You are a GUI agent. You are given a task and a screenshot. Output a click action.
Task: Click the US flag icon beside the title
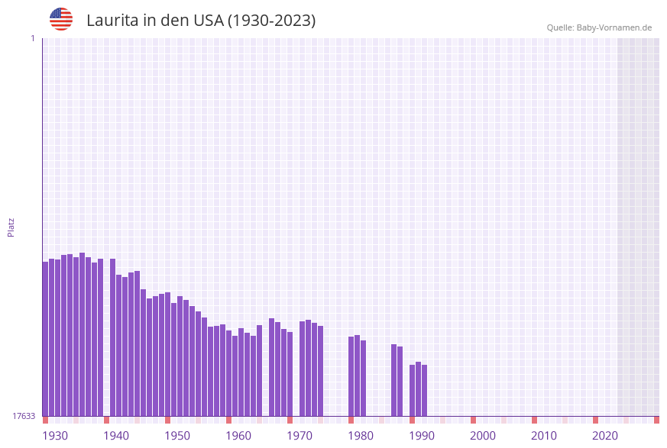point(61,19)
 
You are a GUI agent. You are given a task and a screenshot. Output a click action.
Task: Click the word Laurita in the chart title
point(112,21)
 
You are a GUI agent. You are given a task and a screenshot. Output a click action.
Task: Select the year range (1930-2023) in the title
point(272,21)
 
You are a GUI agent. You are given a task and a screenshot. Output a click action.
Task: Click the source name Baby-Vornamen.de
point(614,27)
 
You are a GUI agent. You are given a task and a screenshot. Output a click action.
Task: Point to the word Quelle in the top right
point(559,27)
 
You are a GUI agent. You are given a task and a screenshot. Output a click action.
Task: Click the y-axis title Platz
point(11,227)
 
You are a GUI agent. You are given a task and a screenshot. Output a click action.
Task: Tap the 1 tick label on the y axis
point(33,39)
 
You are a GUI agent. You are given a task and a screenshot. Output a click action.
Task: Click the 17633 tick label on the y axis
point(24,416)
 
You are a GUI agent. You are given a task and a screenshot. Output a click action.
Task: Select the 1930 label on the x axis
point(55,436)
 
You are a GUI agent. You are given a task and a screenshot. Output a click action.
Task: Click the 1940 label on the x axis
point(116,436)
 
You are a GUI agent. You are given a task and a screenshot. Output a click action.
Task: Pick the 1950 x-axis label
point(177,436)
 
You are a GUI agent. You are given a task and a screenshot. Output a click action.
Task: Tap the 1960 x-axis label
point(238,436)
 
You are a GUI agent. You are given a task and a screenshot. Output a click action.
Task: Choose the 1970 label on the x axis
point(300,436)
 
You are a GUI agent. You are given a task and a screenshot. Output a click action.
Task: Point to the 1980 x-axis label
point(361,436)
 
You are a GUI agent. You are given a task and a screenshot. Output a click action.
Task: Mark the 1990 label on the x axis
point(422,436)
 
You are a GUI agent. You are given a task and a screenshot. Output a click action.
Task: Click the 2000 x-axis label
point(483,436)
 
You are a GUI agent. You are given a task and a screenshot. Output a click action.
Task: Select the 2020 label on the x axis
point(605,436)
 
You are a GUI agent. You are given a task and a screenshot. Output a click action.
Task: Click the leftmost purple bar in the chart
point(45,340)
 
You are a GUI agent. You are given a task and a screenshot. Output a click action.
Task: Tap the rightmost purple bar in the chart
point(425,390)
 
